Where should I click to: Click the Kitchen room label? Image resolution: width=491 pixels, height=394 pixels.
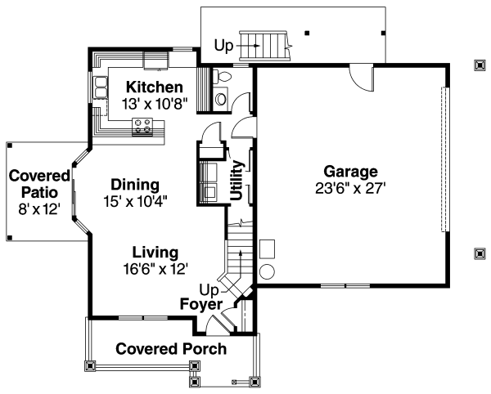[155, 87]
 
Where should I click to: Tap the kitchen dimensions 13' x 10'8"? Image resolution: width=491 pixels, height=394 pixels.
[155, 104]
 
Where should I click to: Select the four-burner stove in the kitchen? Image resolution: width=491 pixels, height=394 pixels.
[142, 127]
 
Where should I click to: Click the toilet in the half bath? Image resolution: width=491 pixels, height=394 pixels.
[222, 77]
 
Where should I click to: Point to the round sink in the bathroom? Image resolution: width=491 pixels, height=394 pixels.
[221, 99]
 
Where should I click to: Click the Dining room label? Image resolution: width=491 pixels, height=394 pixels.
[135, 185]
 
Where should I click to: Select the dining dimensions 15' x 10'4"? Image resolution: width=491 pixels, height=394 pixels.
[135, 201]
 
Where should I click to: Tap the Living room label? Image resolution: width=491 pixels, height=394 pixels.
[155, 252]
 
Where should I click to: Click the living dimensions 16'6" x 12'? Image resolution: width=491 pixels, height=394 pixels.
[155, 269]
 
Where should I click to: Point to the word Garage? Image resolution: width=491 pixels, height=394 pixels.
[351, 172]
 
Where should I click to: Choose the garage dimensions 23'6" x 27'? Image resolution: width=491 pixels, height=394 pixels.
[350, 189]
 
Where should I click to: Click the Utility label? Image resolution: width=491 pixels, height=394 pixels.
[236, 180]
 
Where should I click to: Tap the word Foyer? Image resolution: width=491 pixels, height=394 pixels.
[201, 304]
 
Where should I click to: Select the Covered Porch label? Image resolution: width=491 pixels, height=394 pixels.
[171, 349]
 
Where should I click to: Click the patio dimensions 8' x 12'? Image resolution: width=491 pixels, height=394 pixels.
[39, 209]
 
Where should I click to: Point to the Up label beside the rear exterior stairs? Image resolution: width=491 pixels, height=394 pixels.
[223, 46]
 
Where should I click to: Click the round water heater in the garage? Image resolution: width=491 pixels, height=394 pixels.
[268, 271]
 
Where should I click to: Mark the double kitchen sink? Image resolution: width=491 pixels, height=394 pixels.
[101, 87]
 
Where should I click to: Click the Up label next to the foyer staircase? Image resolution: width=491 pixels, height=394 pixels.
[209, 290]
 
